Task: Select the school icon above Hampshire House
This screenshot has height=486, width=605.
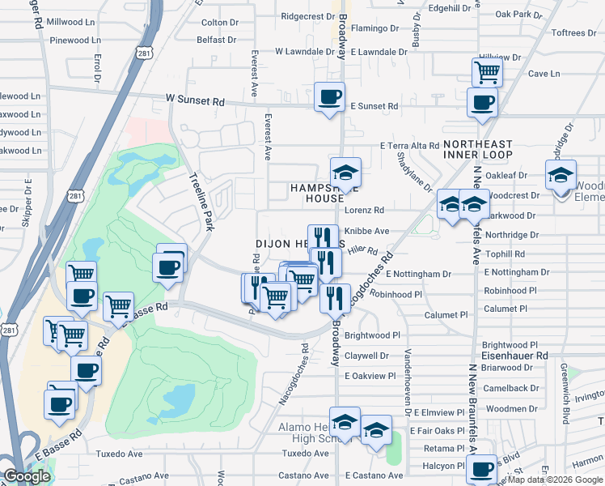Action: tap(345, 173)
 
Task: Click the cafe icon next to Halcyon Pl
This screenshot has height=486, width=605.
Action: tap(483, 469)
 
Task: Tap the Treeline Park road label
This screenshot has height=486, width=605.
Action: tap(200, 202)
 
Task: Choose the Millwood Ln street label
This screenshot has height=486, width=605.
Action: tap(70, 22)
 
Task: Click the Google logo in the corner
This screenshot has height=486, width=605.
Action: tap(27, 476)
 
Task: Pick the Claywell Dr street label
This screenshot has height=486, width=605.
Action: tap(366, 356)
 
